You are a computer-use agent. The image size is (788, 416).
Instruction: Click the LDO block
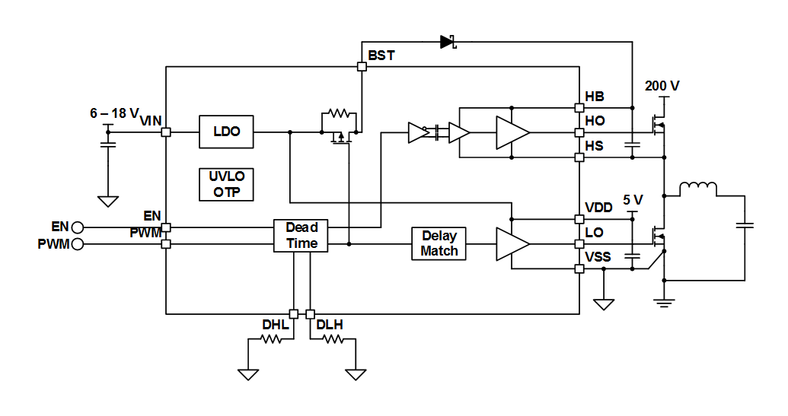tap(226, 132)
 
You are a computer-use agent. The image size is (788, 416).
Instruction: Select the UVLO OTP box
tap(226, 184)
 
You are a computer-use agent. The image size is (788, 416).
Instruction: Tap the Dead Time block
tap(301, 236)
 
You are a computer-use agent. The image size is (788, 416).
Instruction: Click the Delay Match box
tap(439, 244)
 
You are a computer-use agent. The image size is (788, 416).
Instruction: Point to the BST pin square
tap(362, 67)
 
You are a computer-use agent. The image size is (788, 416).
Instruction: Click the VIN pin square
tap(166, 132)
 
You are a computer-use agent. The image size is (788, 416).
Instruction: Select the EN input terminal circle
tap(77, 227)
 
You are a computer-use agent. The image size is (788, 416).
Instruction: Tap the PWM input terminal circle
tap(77, 244)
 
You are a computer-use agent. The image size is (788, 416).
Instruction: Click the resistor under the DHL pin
tap(272, 340)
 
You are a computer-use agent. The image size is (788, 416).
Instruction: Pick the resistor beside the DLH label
tap(333, 340)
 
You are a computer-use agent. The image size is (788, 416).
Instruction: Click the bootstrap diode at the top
tap(448, 42)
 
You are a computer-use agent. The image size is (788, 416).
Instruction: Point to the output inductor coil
tap(697, 189)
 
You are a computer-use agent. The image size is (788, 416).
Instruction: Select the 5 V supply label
tap(633, 200)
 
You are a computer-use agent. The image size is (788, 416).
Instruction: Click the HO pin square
tap(579, 132)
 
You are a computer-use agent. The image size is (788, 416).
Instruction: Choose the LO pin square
tap(579, 244)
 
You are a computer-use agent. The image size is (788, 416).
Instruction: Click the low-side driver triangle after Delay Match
tap(512, 244)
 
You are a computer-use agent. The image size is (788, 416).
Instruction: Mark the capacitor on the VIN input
tap(108, 142)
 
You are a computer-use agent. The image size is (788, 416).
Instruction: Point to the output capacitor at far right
tap(745, 225)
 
